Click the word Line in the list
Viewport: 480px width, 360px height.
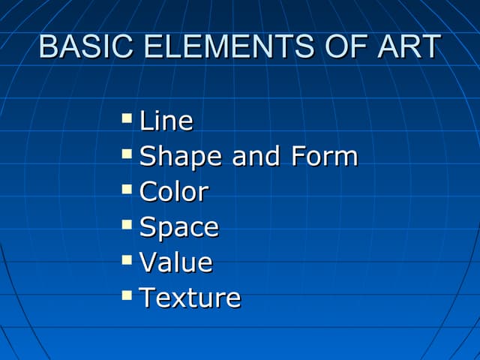[166, 121]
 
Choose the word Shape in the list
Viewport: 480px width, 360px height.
[181, 157]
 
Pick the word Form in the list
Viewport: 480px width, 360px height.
[325, 157]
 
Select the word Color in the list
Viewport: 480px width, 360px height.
[173, 192]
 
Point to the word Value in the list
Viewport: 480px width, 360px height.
[176, 262]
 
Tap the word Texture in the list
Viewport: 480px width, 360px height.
[190, 298]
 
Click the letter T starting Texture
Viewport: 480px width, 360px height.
[148, 298]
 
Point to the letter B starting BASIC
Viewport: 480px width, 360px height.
[47, 46]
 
